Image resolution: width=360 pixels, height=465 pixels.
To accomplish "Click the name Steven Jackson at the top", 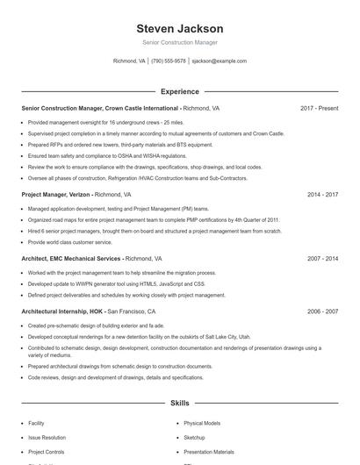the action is (180, 28).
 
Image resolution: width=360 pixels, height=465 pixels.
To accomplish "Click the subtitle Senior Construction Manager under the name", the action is (180, 42).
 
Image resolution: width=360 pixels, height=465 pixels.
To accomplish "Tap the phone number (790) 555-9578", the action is (169, 61).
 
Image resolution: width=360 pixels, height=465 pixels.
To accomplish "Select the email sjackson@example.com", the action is (219, 61).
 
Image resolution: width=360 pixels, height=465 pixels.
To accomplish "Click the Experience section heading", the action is (180, 91).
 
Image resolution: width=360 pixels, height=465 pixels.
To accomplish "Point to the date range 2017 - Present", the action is (319, 108).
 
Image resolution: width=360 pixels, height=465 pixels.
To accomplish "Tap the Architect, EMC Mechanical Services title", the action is (71, 259).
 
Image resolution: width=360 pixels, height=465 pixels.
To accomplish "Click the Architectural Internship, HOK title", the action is (62, 311).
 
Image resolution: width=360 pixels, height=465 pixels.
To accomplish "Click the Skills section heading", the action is (180, 403).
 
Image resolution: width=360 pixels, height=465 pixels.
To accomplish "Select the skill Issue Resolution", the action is (47, 437).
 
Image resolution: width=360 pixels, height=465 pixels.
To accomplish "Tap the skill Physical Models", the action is (202, 423).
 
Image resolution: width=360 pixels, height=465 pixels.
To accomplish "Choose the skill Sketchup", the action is (194, 437).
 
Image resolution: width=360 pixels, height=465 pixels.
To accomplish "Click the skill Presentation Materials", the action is (209, 451).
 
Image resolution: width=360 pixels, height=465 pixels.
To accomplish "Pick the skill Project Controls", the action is (47, 451).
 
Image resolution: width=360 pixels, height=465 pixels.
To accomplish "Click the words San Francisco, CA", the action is (132, 311).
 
